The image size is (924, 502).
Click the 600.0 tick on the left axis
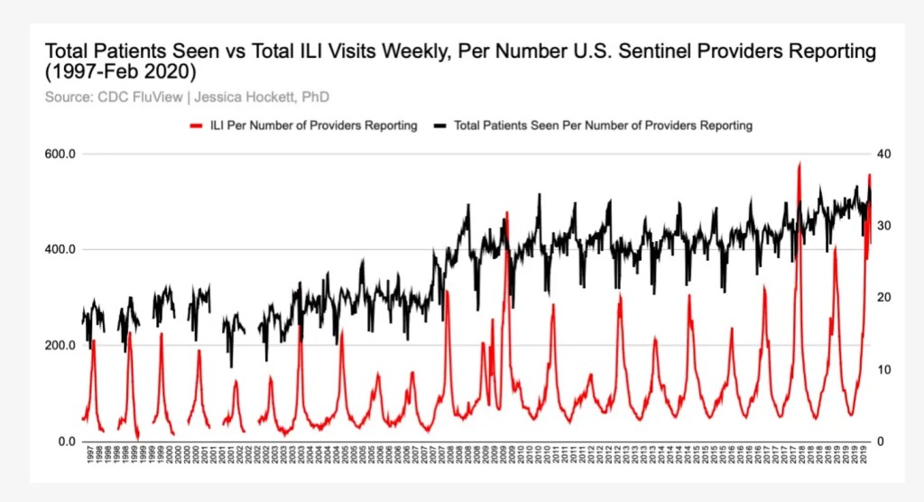(60, 154)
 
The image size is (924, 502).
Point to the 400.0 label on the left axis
(60, 250)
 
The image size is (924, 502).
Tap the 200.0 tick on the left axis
(60, 346)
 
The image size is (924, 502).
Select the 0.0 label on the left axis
(65, 442)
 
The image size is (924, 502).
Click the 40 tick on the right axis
(885, 154)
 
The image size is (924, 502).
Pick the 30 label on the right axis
(885, 226)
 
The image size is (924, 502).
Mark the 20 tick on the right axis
(885, 298)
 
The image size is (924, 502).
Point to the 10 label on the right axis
(885, 370)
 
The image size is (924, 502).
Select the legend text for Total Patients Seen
(604, 125)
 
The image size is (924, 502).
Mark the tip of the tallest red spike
(799, 164)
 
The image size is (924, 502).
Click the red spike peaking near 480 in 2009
(507, 213)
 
